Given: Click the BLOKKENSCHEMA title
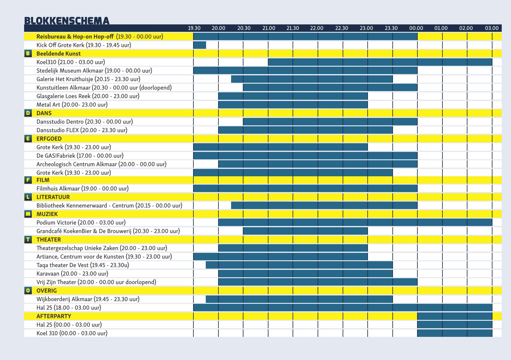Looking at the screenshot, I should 67,20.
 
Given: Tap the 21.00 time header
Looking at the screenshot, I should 268,28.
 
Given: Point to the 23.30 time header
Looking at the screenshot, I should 391,28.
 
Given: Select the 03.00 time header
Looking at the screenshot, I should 492,28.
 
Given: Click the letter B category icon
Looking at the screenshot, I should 28,53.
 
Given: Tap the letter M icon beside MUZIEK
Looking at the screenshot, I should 28,214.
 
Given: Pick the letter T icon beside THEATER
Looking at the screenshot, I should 28,240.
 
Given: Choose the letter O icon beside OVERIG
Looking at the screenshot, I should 28,291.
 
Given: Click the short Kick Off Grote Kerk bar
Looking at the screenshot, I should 200,45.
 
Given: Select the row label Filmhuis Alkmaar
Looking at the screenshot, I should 82,188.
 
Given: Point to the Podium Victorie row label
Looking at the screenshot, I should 81,223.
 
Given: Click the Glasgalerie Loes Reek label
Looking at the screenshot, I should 88,96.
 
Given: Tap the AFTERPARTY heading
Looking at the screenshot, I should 54,316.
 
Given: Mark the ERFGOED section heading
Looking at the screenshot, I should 49,139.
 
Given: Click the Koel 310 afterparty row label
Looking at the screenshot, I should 72,333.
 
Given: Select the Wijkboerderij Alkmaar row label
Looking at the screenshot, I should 88,299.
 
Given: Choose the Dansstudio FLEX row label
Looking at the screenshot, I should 82,130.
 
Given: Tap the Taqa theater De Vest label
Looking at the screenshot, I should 83,265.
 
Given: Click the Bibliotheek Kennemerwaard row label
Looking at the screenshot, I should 109,206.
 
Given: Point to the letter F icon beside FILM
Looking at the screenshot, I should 28,180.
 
